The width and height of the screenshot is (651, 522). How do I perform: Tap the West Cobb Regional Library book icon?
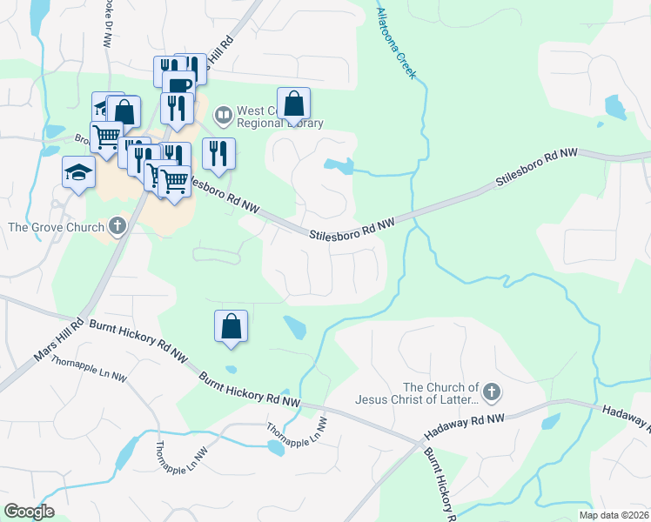click(x=224, y=114)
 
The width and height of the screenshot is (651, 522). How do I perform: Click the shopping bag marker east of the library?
click(x=294, y=104)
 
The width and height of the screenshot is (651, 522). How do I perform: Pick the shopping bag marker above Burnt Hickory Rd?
click(x=232, y=326)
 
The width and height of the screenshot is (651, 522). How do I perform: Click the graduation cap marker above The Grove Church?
click(x=78, y=171)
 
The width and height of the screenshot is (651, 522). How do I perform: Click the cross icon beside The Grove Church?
click(x=117, y=227)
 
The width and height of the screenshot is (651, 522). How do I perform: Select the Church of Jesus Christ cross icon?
click(x=492, y=393)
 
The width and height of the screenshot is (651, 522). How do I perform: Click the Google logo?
click(x=30, y=512)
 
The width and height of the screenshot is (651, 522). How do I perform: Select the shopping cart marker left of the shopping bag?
click(x=106, y=136)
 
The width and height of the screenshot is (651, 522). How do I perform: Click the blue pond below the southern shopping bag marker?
click(x=295, y=328)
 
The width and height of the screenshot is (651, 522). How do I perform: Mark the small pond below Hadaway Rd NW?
click(x=550, y=423)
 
